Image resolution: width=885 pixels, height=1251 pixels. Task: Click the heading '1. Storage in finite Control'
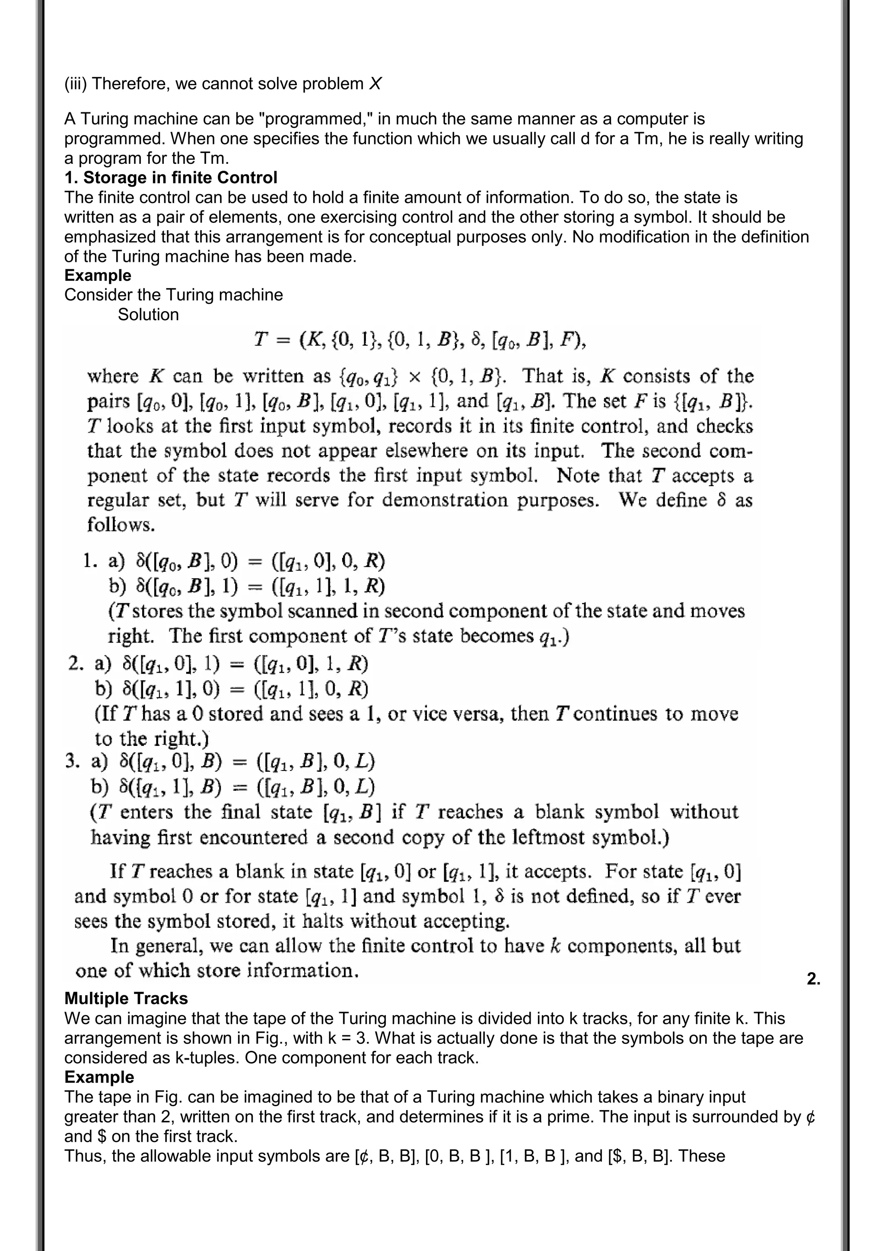click(x=171, y=178)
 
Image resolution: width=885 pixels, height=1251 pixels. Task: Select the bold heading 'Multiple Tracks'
click(x=126, y=998)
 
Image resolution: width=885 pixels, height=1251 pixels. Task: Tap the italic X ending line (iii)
click(x=375, y=84)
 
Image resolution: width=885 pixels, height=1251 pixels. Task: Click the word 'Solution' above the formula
click(x=148, y=315)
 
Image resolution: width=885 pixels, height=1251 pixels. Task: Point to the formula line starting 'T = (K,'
click(x=420, y=341)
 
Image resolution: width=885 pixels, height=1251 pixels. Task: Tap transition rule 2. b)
click(x=231, y=689)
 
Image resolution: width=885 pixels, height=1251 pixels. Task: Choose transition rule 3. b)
click(x=233, y=786)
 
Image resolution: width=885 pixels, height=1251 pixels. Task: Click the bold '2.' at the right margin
click(x=813, y=979)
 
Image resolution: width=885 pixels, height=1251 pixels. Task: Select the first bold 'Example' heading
click(x=98, y=275)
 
